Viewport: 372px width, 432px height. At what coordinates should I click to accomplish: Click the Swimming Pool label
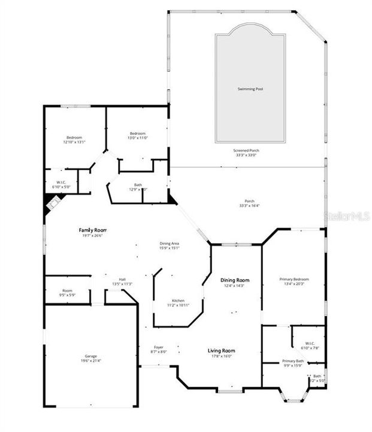pos(250,89)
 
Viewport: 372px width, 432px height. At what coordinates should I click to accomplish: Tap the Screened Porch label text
pos(246,150)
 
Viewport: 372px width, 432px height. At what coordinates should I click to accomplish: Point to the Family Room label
pos(92,230)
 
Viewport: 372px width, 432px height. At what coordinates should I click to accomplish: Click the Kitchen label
pos(178,301)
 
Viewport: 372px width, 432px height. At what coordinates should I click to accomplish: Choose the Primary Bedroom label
pos(295,279)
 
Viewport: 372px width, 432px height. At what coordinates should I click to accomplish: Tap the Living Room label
pos(221,350)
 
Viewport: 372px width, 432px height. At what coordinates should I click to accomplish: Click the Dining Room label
pos(235,280)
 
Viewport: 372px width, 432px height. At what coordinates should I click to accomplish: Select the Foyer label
pos(159,347)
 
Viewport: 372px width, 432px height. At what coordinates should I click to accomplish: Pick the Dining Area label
pos(170,243)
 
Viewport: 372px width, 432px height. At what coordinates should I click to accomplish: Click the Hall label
pos(122,280)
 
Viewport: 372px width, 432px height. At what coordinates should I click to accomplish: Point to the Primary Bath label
pos(293,361)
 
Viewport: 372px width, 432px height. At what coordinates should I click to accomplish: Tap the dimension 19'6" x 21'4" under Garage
pos(90,362)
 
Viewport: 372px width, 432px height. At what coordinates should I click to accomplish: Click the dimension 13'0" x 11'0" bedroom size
pos(138,138)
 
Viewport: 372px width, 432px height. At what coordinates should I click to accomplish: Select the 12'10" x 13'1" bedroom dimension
pos(74,142)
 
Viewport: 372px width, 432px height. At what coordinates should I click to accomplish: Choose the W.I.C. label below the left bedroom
pos(61,182)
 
